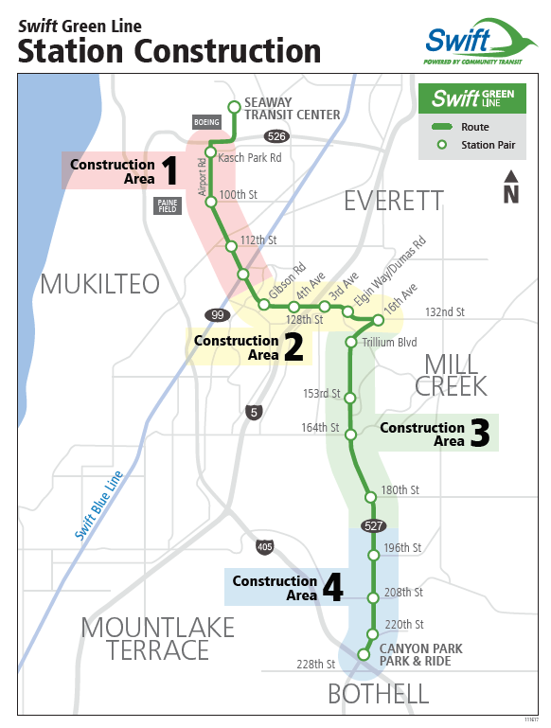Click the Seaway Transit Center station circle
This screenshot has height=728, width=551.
pos(235,107)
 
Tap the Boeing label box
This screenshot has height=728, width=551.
pos(206,122)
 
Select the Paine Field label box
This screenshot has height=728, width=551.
pos(168,205)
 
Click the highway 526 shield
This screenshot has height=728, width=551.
pos(276,136)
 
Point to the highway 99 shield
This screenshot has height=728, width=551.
pos(217,315)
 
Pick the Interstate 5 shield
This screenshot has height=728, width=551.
pos(254,413)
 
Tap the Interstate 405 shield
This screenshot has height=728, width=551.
pos(264,547)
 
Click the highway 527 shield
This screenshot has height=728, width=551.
pos(374,525)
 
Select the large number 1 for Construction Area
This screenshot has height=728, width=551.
pos(169,170)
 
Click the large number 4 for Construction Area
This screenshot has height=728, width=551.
pos(333,587)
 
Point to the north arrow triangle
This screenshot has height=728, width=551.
pos(511,176)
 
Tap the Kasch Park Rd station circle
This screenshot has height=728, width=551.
pos(210,152)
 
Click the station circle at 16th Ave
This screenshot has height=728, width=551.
pos(379,320)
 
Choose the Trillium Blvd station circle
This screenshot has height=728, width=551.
pos(351,343)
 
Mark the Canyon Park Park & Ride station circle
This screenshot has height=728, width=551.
pos(364,655)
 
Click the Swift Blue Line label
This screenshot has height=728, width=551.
pos(98,506)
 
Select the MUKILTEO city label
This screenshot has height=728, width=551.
pos(99,284)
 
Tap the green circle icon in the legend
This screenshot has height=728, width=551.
pos(442,145)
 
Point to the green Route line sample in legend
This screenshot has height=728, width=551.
pos(442,127)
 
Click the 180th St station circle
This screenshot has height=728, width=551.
pos(370,497)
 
